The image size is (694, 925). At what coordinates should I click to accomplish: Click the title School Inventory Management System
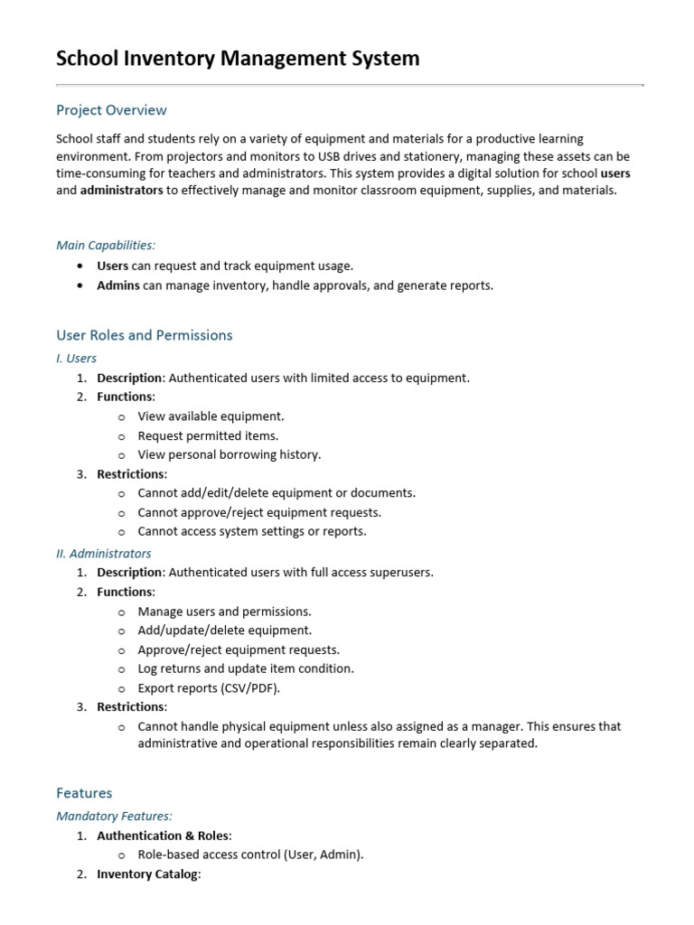tap(238, 59)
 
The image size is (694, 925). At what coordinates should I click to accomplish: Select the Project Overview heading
tap(111, 110)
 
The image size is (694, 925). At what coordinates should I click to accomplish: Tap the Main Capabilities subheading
tap(106, 245)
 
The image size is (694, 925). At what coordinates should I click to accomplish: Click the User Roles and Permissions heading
tap(144, 335)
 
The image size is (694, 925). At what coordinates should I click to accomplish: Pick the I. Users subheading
tap(76, 358)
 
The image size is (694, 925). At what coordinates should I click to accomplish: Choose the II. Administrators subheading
tap(103, 553)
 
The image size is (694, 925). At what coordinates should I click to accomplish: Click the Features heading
tap(84, 793)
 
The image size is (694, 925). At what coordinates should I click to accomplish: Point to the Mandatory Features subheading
tap(114, 816)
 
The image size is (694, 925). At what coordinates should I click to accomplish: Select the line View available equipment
tap(211, 416)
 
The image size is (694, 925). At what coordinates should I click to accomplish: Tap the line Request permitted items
tap(208, 435)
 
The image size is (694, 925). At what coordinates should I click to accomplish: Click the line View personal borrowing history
tap(229, 454)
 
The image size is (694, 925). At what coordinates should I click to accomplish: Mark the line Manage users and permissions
tap(224, 612)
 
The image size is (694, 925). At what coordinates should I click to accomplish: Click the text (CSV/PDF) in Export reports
tap(249, 687)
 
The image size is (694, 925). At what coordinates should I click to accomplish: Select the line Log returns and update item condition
tap(245, 668)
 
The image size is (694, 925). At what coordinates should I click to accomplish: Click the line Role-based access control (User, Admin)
tap(250, 855)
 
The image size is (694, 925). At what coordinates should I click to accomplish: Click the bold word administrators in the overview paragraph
tap(122, 191)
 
